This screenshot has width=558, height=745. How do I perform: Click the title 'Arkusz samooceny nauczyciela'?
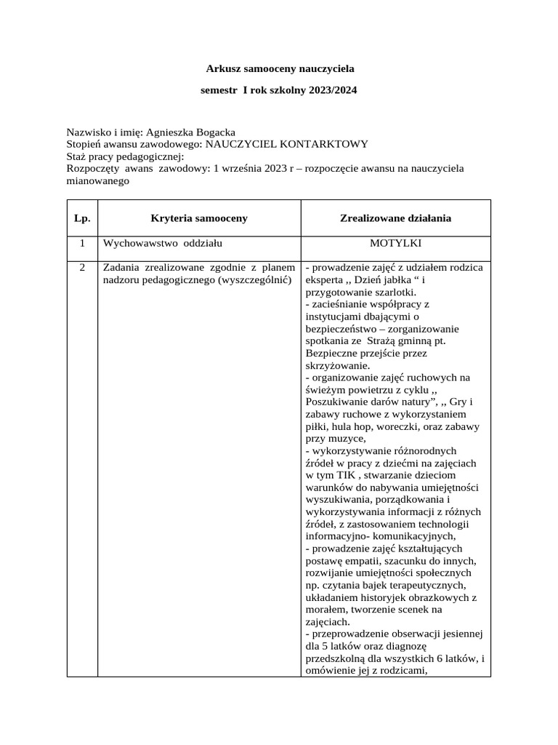click(x=280, y=69)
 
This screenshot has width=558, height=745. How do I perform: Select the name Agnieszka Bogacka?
click(x=190, y=132)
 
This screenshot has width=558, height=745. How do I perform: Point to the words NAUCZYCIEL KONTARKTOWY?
click(x=286, y=144)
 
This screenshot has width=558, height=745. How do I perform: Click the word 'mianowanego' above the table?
click(x=98, y=182)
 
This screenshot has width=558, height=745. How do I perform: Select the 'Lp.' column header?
click(x=82, y=218)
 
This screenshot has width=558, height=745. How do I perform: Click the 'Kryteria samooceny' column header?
click(x=199, y=218)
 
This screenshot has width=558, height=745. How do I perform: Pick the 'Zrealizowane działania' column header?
click(x=395, y=218)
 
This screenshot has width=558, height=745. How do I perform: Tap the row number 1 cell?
click(x=82, y=243)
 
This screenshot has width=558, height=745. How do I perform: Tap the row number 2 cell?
click(x=82, y=267)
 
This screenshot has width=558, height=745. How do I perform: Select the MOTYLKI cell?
click(x=395, y=243)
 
